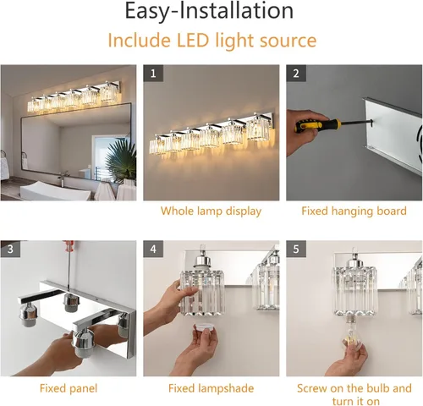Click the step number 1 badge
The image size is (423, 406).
tap(153, 74)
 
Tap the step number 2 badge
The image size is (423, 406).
tap(296, 74)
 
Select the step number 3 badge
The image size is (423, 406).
tap(10, 249)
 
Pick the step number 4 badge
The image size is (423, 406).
tap(153, 249)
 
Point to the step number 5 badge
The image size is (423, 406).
tap(296, 249)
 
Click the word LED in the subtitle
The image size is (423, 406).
tap(193, 41)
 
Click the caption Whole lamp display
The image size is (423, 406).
tap(211, 211)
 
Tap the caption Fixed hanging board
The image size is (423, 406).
tap(354, 211)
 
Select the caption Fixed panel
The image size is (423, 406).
tap(69, 388)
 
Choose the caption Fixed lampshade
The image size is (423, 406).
tap(211, 388)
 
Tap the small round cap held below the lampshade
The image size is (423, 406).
tap(206, 327)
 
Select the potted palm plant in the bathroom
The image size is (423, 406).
tap(121, 159)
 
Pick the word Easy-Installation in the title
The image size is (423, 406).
tap(209, 11)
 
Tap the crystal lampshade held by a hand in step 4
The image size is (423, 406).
tap(202, 293)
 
